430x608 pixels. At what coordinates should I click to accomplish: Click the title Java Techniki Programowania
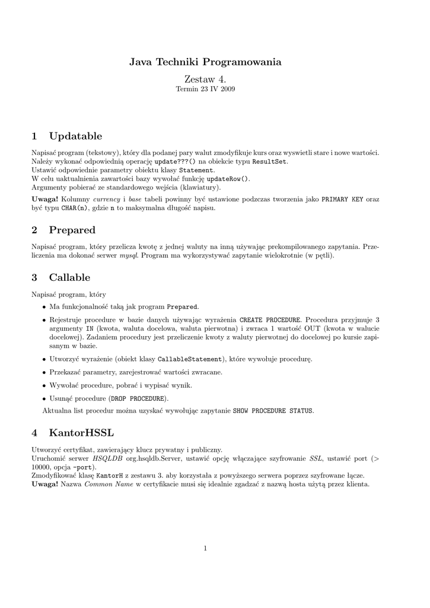[205, 62]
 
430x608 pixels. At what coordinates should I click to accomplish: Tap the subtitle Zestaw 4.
[205, 79]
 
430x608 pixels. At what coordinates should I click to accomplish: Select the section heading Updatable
[75, 137]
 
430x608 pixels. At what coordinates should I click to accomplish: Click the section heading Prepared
[72, 230]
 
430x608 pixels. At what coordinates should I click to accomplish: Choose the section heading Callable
[69, 277]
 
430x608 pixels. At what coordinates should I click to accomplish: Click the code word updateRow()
[228, 179]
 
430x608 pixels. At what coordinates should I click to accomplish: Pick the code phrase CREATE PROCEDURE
[270, 319]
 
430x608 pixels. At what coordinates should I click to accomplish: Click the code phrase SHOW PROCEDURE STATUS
[273, 411]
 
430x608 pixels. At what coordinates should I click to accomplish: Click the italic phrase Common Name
[104, 484]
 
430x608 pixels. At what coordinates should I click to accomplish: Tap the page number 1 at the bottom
[205, 548]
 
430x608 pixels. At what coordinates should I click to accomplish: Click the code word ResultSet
[269, 161]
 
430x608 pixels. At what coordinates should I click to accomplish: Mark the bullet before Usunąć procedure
[44, 398]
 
